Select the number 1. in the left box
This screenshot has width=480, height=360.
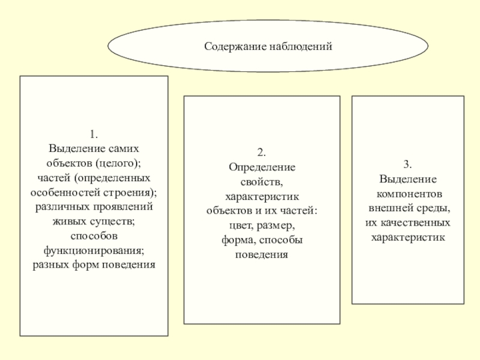coord(94,133)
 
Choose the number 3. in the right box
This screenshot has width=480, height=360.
coord(408,164)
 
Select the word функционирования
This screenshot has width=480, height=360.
coord(94,250)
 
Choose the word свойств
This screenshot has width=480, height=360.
coord(262,182)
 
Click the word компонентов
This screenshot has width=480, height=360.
coord(408,194)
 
